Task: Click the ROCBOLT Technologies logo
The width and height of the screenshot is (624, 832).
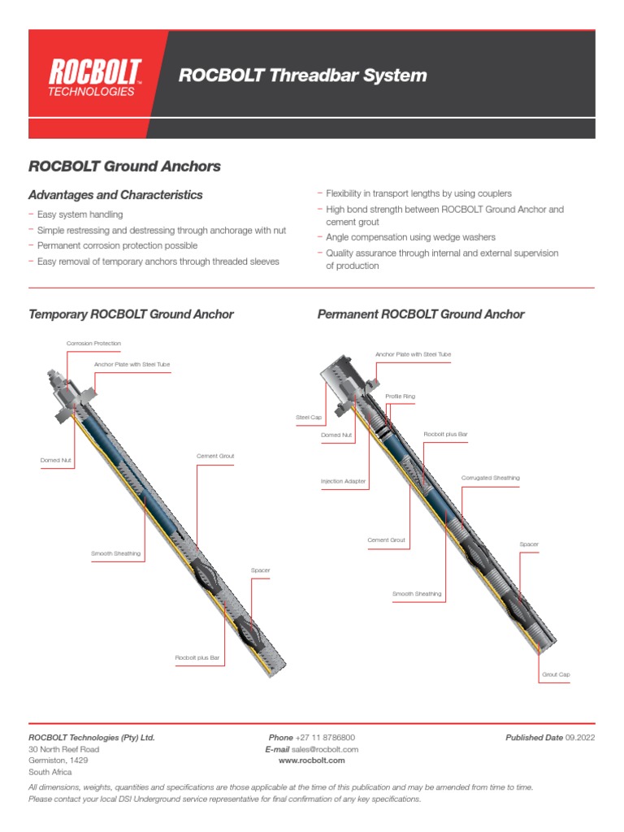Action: [x=94, y=77]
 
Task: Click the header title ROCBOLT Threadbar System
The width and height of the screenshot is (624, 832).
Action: [x=302, y=76]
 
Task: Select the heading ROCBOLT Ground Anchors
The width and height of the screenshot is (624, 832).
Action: [x=124, y=167]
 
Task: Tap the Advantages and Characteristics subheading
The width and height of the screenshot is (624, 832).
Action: [x=115, y=195]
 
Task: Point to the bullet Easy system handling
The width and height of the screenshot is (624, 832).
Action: [x=80, y=214]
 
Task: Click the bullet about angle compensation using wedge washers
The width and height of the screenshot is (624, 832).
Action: [x=410, y=237]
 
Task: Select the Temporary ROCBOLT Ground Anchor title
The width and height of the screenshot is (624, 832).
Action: [x=131, y=314]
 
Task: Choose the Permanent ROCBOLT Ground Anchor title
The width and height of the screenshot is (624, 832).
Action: [x=421, y=314]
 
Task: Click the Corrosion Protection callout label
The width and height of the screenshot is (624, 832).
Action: [x=93, y=344]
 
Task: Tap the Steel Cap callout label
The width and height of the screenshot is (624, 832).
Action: [x=308, y=418]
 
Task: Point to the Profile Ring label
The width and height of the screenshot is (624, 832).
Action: [x=400, y=396]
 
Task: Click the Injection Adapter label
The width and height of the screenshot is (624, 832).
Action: [x=343, y=482]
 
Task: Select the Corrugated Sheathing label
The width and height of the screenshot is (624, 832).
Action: [x=491, y=478]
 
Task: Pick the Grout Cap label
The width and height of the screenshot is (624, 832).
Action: [x=556, y=674]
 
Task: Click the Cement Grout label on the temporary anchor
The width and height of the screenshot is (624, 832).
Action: [x=215, y=456]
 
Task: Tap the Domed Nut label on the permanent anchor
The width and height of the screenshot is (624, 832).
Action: [x=336, y=435]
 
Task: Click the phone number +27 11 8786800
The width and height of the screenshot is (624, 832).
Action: [x=325, y=738]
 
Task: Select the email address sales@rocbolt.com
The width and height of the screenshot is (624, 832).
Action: [x=325, y=749]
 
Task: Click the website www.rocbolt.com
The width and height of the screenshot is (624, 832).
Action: [x=312, y=760]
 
